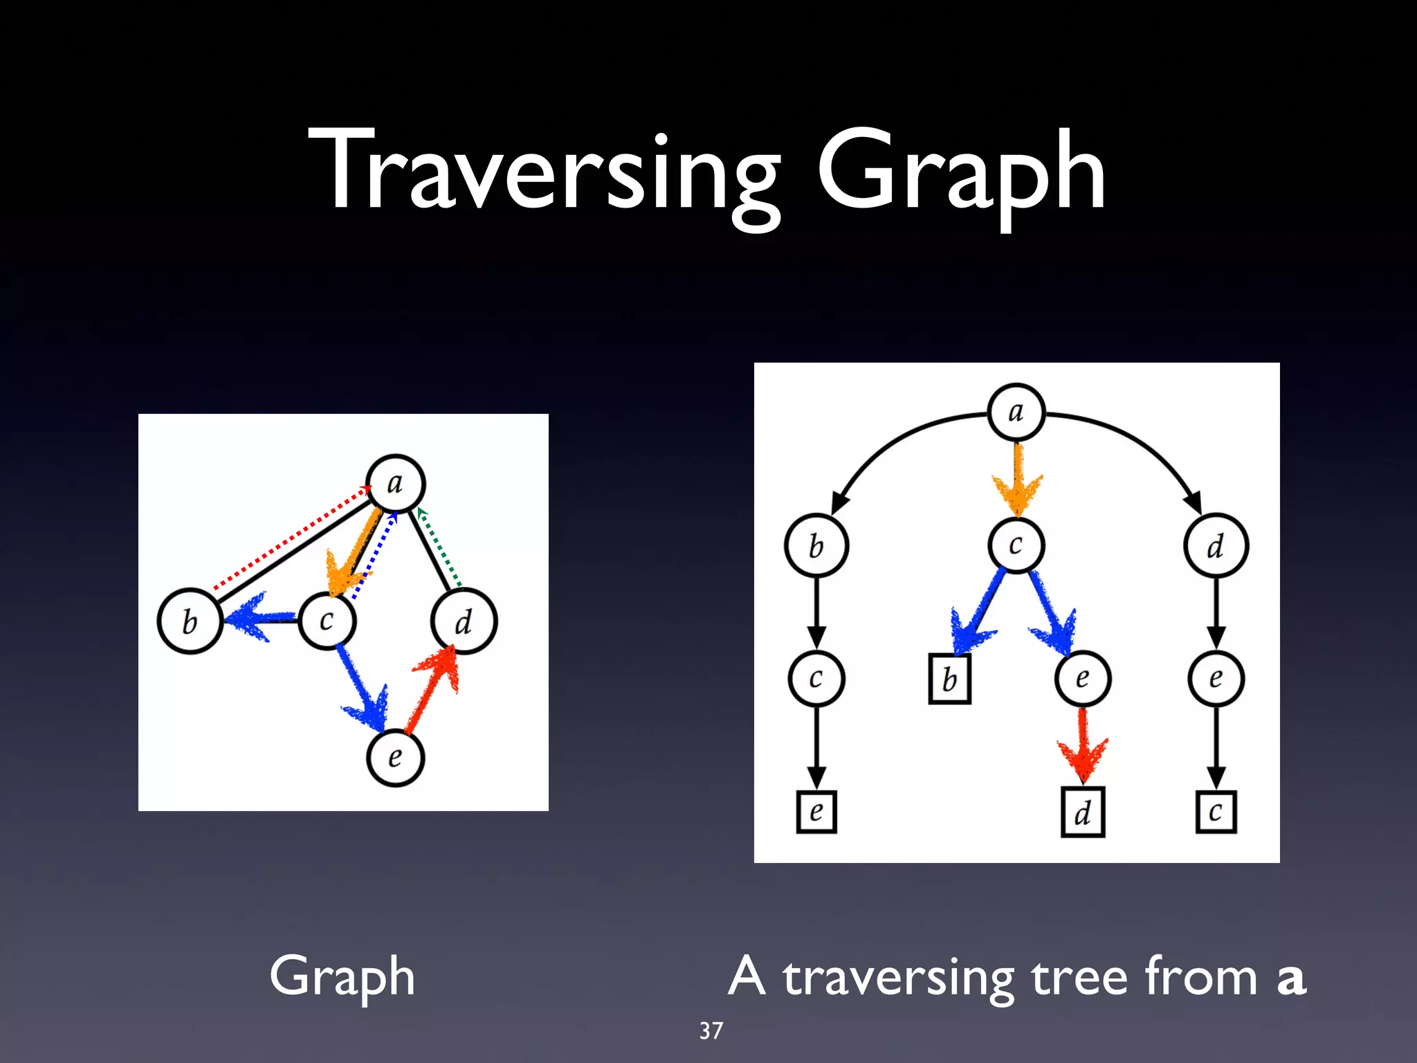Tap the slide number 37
711,1030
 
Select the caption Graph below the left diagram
342,976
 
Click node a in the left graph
395,483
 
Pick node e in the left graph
395,757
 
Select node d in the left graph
464,621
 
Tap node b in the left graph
190,621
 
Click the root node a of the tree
1016,412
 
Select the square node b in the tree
949,680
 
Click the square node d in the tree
1083,812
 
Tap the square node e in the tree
816,811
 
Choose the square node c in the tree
1216,812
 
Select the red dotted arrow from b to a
291,538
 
